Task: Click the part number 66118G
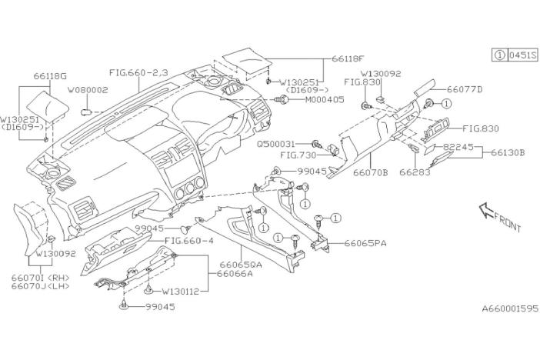[52, 77]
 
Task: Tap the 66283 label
[415, 174]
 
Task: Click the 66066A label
[235, 273]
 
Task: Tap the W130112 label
[180, 292]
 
